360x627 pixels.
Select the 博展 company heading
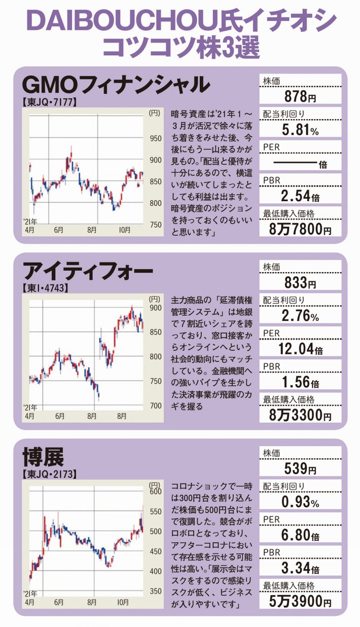coord(44,458)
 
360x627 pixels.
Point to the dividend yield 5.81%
coord(300,130)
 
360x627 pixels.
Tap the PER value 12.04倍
coord(300,350)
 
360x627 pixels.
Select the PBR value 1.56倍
coord(300,383)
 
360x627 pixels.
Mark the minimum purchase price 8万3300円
coord(300,416)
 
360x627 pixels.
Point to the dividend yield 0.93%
coord(300,503)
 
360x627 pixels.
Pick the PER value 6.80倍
coord(300,536)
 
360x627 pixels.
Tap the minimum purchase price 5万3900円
coord(300,602)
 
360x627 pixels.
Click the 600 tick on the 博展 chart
coord(155,491)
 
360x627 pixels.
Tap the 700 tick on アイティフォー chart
coord(155,405)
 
